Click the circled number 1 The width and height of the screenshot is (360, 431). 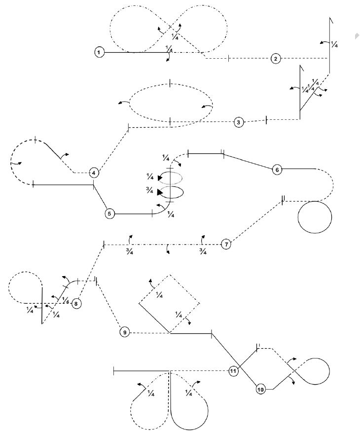click(100, 52)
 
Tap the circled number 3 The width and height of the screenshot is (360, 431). click(239, 122)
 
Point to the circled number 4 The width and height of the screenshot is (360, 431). click(94, 173)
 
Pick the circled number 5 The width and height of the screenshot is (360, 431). click(110, 214)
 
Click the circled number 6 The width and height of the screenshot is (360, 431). click(277, 170)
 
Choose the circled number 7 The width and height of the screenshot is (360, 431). click(226, 244)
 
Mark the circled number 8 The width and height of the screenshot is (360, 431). click(76, 303)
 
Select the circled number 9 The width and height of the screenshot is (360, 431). click(125, 332)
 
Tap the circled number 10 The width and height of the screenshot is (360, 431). click(261, 390)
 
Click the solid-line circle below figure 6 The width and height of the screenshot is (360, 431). click(316, 216)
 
